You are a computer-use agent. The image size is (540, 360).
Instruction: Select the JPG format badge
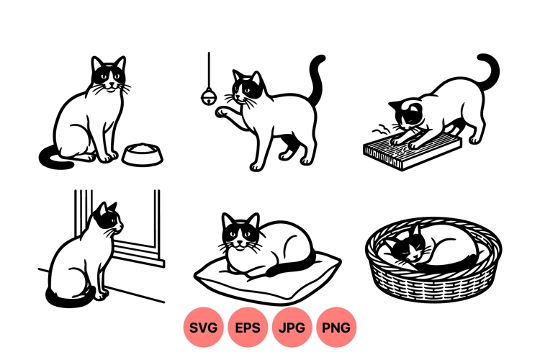(x=292, y=328)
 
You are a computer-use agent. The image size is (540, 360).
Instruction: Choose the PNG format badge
(x=336, y=328)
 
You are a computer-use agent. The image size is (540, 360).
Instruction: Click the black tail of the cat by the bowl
(x=54, y=158)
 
